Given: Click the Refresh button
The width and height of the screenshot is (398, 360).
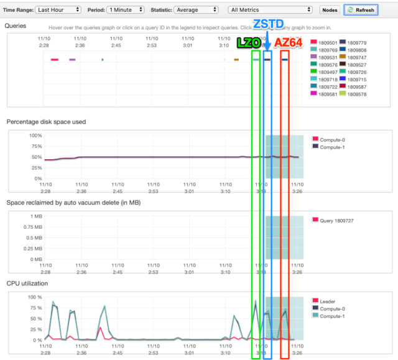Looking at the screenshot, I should [x=361, y=10].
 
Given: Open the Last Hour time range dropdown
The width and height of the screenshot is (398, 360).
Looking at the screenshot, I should [x=58, y=10].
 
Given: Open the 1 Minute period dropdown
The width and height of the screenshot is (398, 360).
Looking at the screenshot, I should [x=125, y=10].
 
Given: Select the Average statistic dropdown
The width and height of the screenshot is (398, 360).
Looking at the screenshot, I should [x=195, y=10].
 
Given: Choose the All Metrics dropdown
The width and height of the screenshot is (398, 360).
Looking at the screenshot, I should [x=271, y=10].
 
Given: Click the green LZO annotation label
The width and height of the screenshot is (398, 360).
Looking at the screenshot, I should [x=248, y=43].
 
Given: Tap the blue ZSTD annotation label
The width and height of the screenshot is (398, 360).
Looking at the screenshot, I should [x=268, y=24].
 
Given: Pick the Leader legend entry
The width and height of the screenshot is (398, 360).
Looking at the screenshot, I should [x=327, y=302].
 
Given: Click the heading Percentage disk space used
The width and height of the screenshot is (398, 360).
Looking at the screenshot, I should [x=46, y=122].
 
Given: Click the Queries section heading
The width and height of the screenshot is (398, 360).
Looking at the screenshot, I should [x=15, y=26].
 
